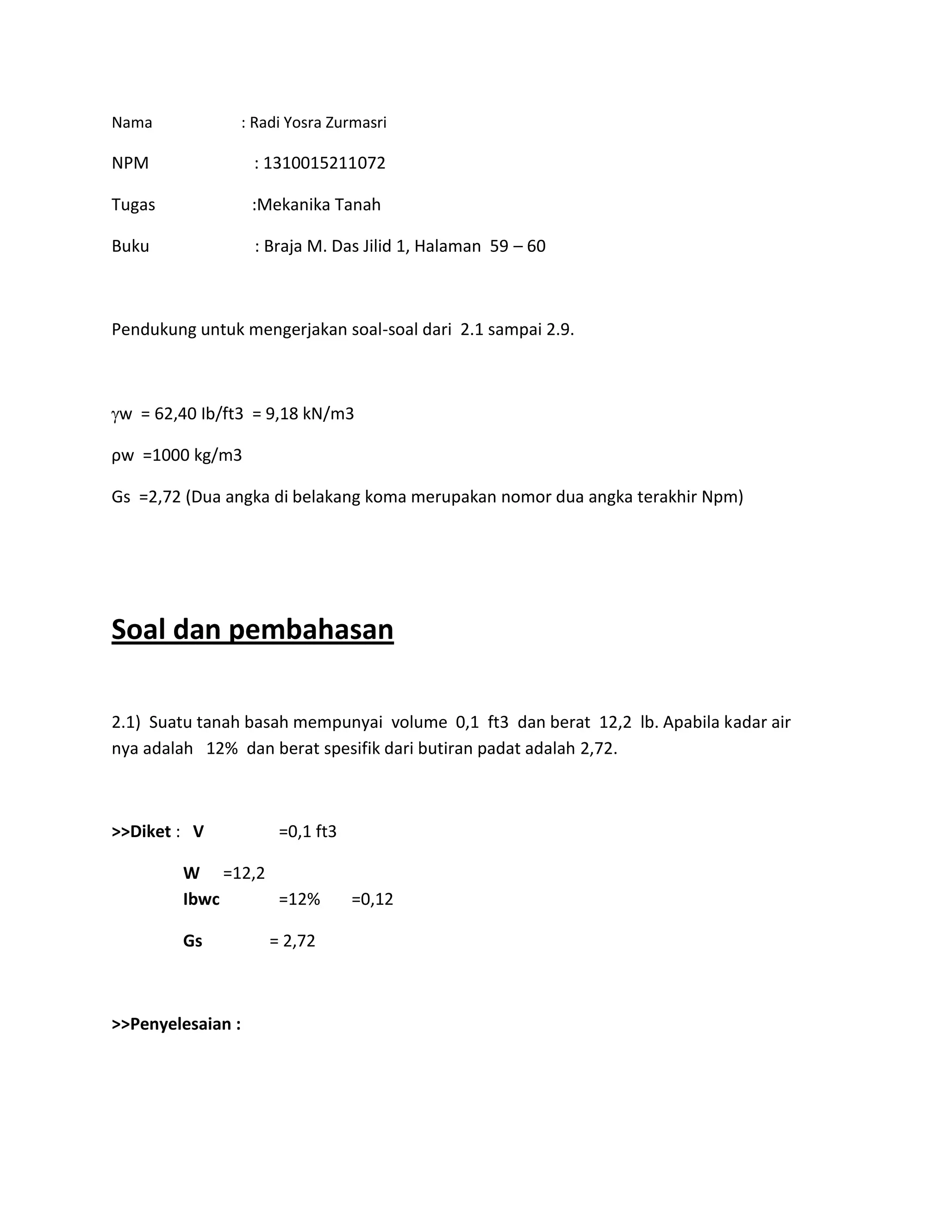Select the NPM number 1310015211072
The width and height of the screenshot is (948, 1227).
(324, 163)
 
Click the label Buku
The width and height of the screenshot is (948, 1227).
(130, 246)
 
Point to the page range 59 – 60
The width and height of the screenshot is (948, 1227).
(517, 246)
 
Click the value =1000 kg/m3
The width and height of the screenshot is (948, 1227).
(192, 455)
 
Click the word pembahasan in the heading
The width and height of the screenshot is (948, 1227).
(311, 629)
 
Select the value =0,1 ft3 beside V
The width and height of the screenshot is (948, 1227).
(307, 832)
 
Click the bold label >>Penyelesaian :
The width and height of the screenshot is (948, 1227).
(176, 1024)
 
